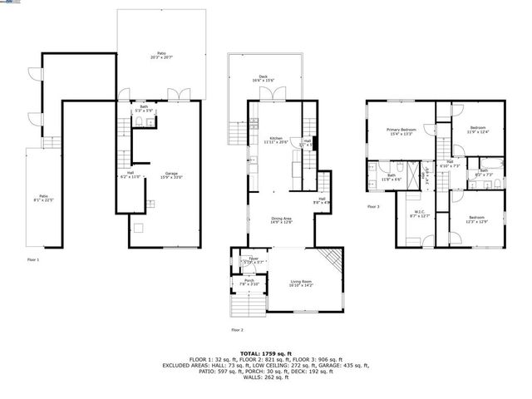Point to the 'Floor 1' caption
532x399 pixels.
pyautogui.click(x=33, y=260)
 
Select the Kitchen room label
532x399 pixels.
pyautogui.click(x=275, y=140)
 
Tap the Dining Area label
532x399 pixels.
pyautogui.click(x=282, y=220)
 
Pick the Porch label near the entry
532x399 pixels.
pyautogui.click(x=249, y=282)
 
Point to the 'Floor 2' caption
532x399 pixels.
pyautogui.click(x=237, y=329)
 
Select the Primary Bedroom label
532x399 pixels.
pyautogui.click(x=401, y=131)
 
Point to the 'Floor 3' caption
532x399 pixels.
pyautogui.click(x=373, y=206)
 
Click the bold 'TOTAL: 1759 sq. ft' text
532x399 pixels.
pyautogui.click(x=265, y=352)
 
